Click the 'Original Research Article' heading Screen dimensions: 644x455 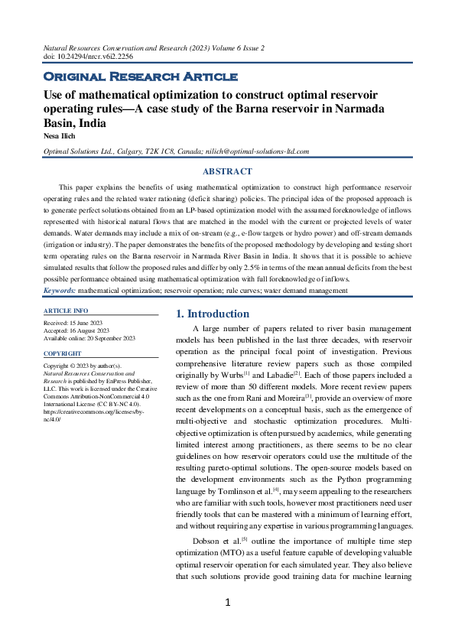coord(140,76)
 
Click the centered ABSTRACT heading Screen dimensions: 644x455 coord(227,171)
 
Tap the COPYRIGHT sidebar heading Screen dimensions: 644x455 coord(63,354)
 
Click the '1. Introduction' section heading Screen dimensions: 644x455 coord(213,314)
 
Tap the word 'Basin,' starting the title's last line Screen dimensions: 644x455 coord(60,122)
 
